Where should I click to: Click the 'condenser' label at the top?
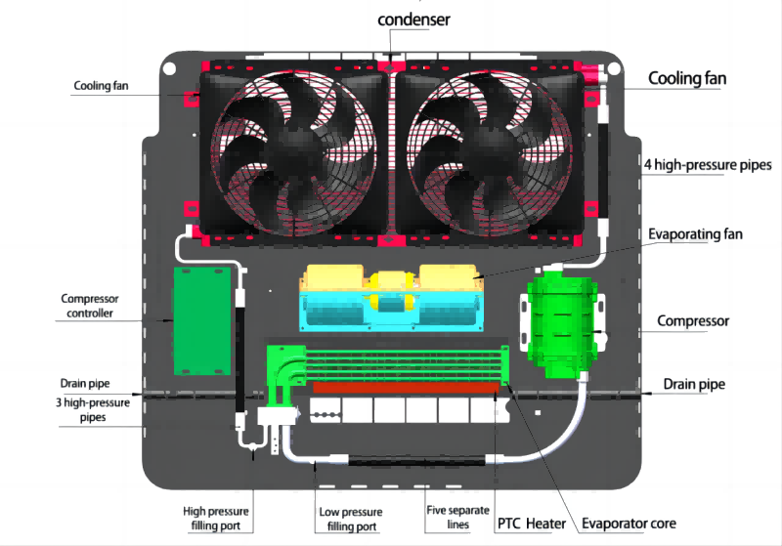click(x=414, y=20)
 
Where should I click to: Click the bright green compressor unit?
click(x=561, y=327)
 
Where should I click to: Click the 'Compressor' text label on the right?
click(x=693, y=320)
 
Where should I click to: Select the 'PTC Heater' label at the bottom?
click(x=532, y=524)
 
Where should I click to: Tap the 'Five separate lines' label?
click(x=449, y=518)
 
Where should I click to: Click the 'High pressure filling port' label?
click(x=218, y=519)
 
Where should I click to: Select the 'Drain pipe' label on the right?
click(x=694, y=384)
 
